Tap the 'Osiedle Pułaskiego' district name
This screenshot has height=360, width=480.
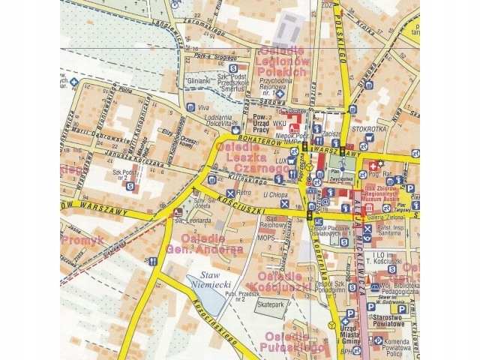[x=289, y=342]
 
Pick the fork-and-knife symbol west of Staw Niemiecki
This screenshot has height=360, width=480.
[x=154, y=261]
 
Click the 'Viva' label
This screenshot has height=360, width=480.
[x=202, y=108]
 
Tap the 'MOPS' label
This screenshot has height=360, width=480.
[x=267, y=237]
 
